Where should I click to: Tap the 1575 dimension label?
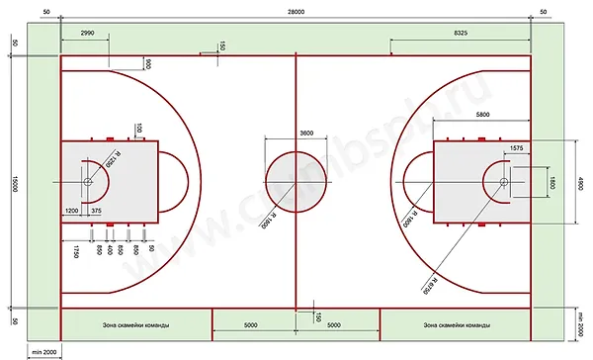[x=516, y=147]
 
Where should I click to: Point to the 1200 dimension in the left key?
[x=72, y=211]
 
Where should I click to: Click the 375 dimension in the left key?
[x=96, y=211]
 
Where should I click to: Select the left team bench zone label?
[x=136, y=324]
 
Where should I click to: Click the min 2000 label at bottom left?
[x=42, y=351]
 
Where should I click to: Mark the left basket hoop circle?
[x=88, y=182]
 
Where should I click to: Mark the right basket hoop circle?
[x=504, y=182]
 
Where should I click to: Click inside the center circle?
[x=296, y=182]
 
